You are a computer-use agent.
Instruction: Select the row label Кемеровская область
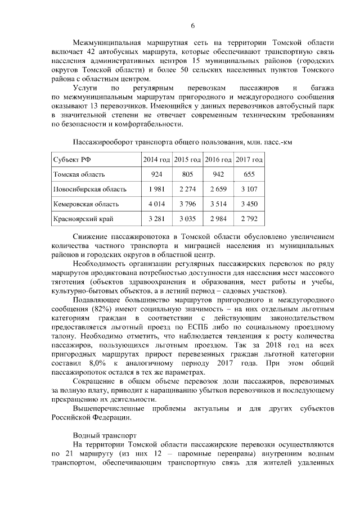tap(85, 204)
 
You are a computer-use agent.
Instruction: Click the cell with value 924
tap(156, 174)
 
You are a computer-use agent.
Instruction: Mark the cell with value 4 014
tap(156, 204)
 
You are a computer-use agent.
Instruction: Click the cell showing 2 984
tap(218, 218)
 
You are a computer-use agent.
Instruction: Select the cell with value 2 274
tap(187, 189)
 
